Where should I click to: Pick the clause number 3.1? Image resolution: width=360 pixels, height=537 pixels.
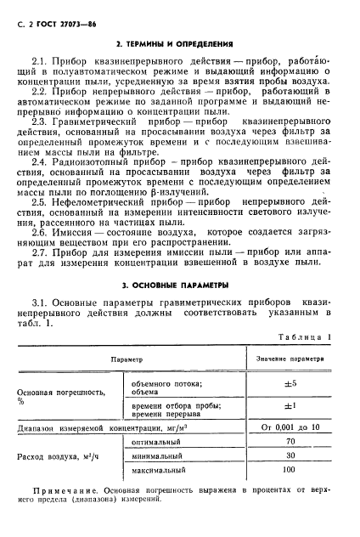(41, 303)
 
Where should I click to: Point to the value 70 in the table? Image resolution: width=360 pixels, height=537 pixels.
(290, 441)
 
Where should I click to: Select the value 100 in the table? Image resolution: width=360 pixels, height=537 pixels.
(290, 469)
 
